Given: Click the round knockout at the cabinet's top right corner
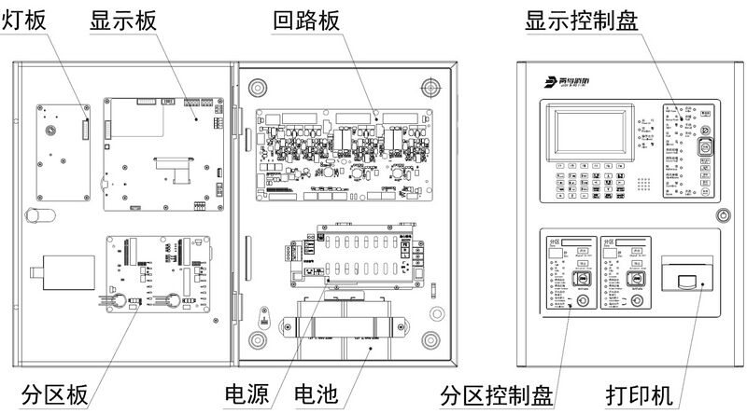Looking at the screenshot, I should [x=430, y=87].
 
